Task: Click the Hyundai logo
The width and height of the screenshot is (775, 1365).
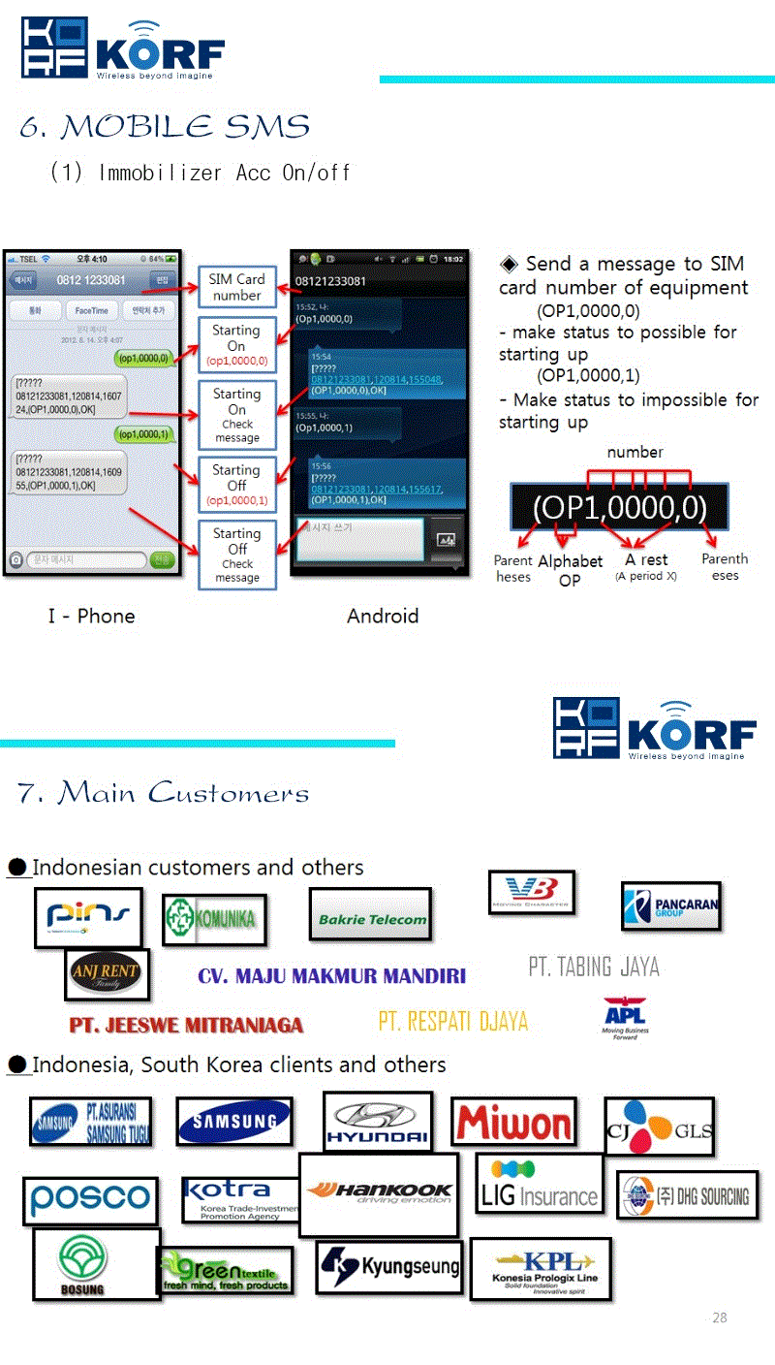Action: click(x=377, y=1122)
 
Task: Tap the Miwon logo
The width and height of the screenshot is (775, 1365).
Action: click(x=513, y=1123)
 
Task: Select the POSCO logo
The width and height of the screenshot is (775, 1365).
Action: click(x=90, y=1200)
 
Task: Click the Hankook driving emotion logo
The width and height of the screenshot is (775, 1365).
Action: click(x=378, y=1194)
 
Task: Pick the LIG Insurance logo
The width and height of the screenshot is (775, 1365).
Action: click(x=539, y=1184)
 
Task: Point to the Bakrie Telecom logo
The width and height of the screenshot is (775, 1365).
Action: click(x=371, y=914)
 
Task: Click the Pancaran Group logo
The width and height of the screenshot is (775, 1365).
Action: click(x=671, y=906)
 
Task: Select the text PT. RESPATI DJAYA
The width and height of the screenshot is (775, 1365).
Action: click(x=452, y=1021)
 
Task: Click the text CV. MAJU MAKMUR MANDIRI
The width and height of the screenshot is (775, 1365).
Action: click(x=331, y=975)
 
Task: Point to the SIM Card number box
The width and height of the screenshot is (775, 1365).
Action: click(x=236, y=287)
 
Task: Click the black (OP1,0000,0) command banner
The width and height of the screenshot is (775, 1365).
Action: click(x=619, y=507)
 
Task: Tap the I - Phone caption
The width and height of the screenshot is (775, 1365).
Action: click(x=91, y=616)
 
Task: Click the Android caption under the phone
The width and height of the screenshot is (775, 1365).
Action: click(x=382, y=616)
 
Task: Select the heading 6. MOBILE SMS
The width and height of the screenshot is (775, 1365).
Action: click(x=165, y=127)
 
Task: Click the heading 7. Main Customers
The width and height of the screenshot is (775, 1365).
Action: click(x=163, y=793)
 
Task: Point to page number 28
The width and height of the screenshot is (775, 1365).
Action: click(x=719, y=1317)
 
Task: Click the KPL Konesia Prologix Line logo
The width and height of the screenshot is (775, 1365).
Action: click(x=541, y=1268)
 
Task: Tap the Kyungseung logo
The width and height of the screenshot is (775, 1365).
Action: click(x=388, y=1267)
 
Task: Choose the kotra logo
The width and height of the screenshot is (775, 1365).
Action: click(x=239, y=1199)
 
